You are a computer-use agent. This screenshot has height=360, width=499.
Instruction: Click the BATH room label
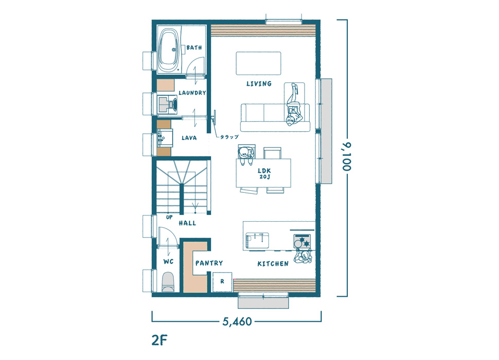tap(194, 48)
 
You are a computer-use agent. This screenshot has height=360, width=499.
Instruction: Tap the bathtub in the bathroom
tap(169, 50)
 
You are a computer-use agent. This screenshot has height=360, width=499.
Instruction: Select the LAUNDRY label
tap(192, 93)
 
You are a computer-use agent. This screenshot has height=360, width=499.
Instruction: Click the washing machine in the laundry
tap(167, 104)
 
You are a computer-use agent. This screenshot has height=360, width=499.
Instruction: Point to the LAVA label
tap(189, 138)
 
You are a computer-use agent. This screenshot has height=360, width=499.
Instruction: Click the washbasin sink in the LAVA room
tap(165, 138)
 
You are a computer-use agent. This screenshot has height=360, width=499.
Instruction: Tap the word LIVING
tap(259, 84)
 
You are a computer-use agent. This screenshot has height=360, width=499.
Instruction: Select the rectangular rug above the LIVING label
tap(258, 63)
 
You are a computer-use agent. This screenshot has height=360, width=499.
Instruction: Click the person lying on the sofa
tap(294, 105)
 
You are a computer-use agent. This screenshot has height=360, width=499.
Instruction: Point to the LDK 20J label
tap(264, 173)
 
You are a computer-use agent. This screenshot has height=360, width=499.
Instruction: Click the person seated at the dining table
tap(246, 155)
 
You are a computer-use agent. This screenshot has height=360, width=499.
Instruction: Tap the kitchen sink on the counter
tap(257, 240)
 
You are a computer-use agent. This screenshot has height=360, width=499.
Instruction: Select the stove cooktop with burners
tap(302, 241)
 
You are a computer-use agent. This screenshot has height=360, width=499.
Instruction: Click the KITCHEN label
tap(273, 264)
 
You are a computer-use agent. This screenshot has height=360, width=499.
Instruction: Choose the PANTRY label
tap(209, 263)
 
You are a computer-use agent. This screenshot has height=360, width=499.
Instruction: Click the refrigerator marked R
tap(222, 282)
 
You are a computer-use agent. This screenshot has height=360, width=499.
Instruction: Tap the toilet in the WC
tap(168, 282)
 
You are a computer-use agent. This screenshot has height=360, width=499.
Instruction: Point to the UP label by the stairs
tap(169, 217)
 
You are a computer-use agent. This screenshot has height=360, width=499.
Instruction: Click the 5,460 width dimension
tap(237, 321)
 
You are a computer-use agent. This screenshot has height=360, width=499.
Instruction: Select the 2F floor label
tap(159, 340)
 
